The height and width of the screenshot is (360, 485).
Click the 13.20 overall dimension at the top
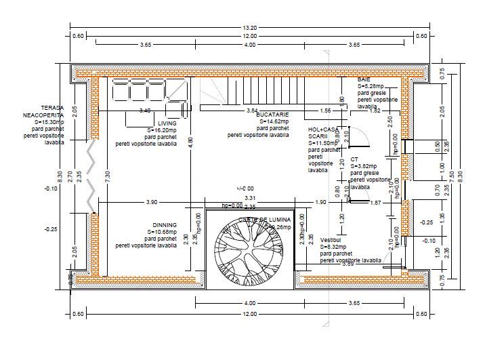250,28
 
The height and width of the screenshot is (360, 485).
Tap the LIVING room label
167,123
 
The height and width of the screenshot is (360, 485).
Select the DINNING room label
165,225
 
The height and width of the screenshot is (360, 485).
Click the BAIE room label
364,80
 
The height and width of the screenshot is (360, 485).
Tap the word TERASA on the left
53,108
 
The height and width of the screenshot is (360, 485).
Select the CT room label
354,159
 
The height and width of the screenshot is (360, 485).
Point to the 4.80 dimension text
190,142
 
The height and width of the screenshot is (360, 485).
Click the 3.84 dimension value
252,111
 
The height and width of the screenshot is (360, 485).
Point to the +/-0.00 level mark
245,188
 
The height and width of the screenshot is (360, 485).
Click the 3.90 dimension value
152,203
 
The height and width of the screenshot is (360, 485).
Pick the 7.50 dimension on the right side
453,174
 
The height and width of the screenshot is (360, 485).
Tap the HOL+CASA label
322,129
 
